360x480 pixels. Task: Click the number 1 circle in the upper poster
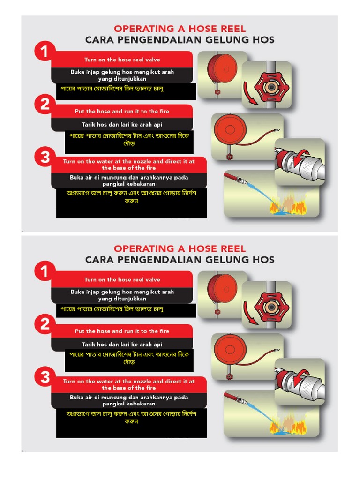click(x=45, y=51)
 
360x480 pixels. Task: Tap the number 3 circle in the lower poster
click(x=45, y=377)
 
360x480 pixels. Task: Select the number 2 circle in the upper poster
click(x=45, y=104)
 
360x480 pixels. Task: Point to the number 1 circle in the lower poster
click(x=45, y=271)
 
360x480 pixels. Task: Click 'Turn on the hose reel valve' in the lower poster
click(x=122, y=279)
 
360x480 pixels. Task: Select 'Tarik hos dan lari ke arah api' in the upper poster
click(x=122, y=125)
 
